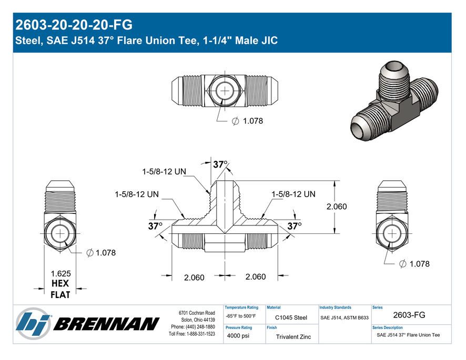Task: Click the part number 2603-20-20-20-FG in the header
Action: click(x=74, y=25)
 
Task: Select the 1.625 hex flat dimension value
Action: click(x=60, y=274)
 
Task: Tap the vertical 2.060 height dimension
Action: click(x=337, y=207)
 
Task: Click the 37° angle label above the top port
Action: click(x=220, y=164)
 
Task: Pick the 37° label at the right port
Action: click(x=295, y=227)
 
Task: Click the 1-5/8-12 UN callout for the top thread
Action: click(x=164, y=172)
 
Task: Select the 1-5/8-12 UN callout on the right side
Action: click(x=293, y=194)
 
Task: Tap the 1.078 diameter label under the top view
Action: click(x=253, y=121)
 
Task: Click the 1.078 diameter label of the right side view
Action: click(x=419, y=264)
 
